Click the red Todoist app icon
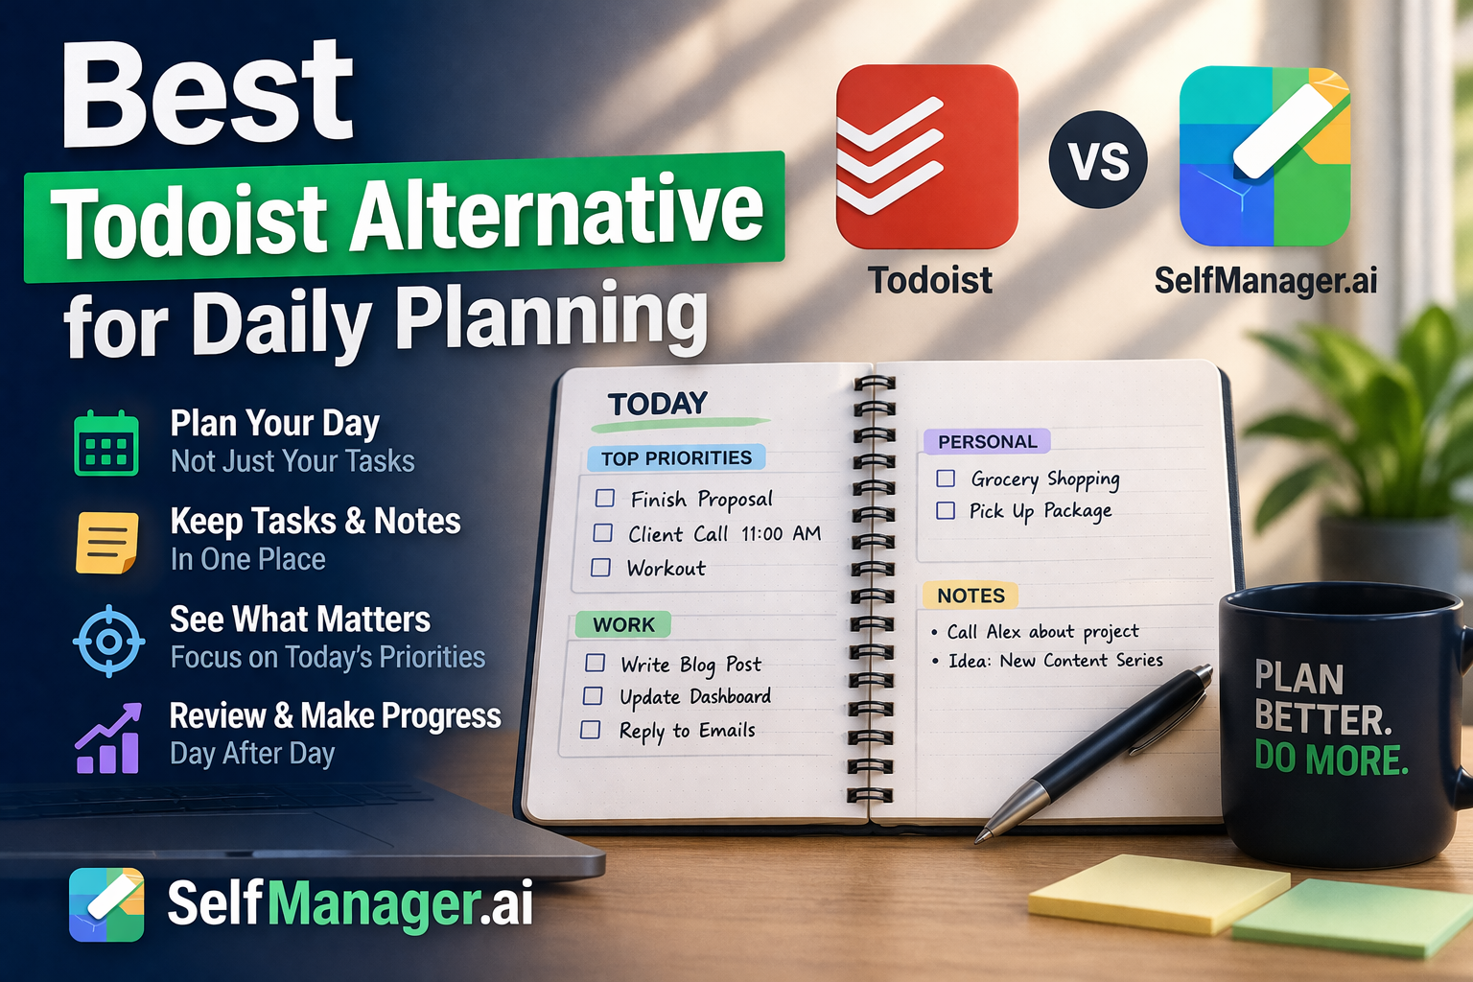926,157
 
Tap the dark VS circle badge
1097,160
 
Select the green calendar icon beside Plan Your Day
106,443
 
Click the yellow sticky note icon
106,542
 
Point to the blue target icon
108,641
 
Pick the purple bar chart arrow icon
107,738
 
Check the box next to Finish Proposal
605,498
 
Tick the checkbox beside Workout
601,567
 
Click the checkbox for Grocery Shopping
946,478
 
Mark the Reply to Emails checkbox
591,730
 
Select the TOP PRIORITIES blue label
676,457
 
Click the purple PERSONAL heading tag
987,441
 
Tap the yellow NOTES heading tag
970,596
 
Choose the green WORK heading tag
623,625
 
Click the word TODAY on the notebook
658,404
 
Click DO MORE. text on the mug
1330,760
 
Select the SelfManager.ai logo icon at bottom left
106,904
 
